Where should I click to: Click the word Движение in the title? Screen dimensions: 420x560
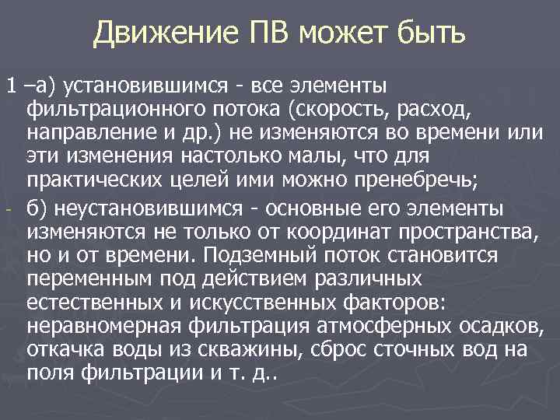click(x=154, y=33)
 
